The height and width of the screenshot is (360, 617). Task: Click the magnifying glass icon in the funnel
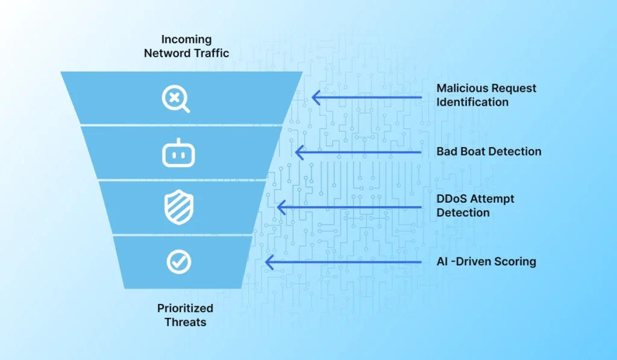tap(176, 98)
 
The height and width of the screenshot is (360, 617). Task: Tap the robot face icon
tap(178, 153)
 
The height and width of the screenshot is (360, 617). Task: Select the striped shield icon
tap(178, 207)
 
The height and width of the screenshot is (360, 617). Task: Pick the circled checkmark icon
tap(179, 262)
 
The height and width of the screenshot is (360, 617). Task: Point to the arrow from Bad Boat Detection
tap(358, 152)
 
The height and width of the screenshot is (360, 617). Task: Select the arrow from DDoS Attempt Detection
tap(349, 207)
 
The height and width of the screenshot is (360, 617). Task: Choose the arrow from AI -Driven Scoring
tap(343, 262)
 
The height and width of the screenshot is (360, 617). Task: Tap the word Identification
tap(472, 102)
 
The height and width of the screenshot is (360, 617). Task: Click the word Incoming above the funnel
tap(186, 40)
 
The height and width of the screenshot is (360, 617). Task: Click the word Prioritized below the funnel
tap(185, 309)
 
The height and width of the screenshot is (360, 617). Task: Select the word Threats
tap(185, 322)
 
